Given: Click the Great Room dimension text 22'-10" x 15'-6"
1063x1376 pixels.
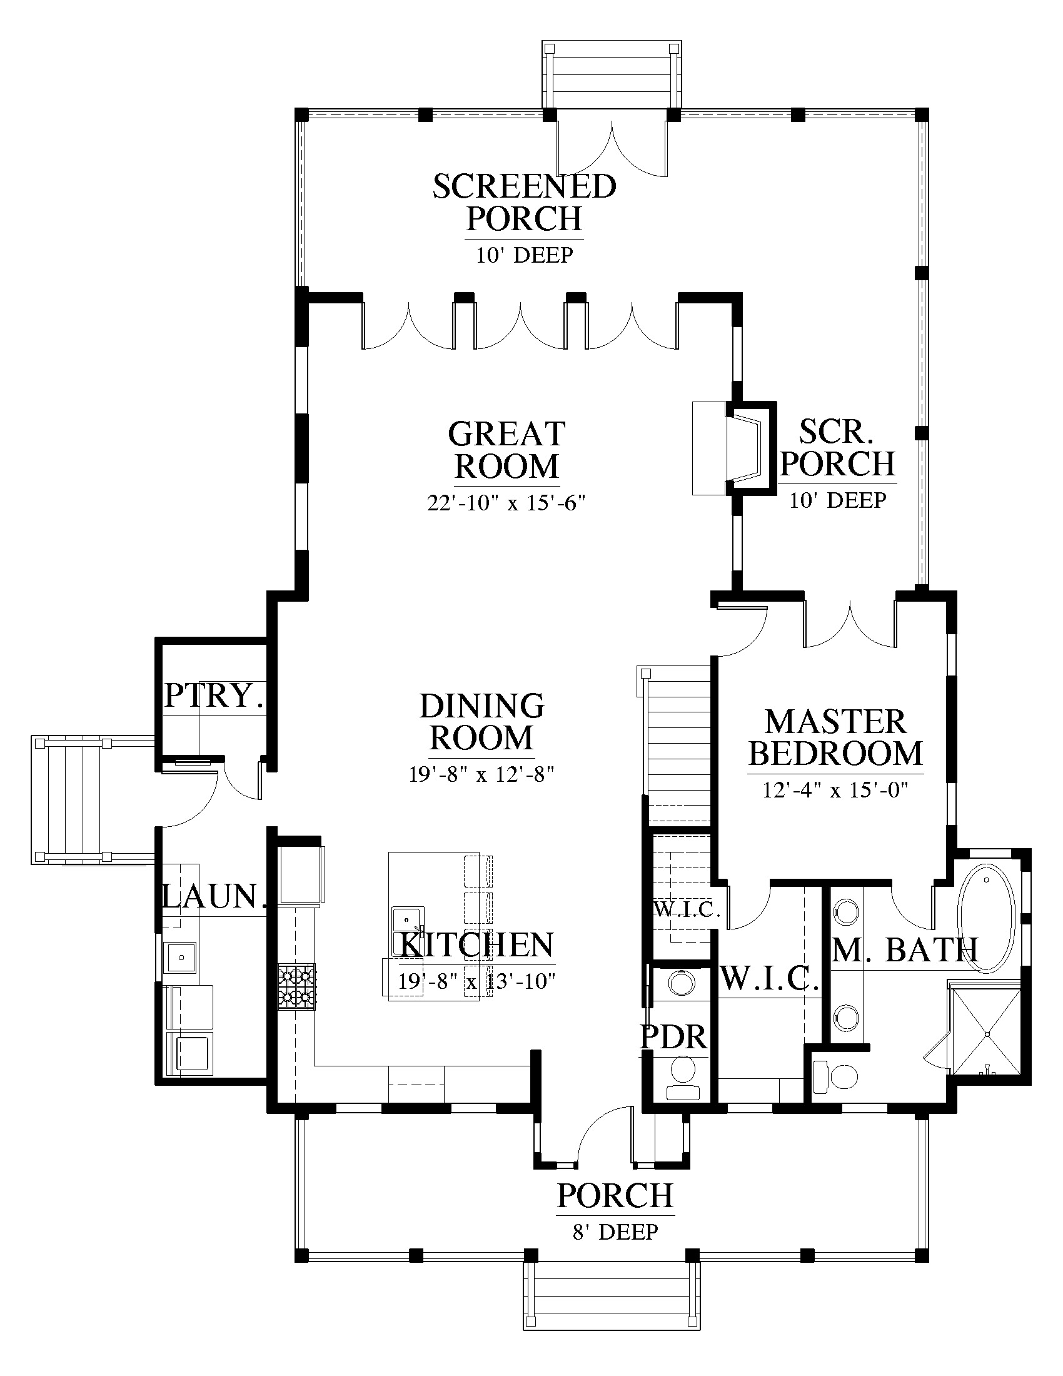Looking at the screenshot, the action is [506, 504].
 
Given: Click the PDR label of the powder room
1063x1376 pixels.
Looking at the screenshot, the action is [673, 1038].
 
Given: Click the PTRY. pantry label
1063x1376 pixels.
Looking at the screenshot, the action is [213, 696].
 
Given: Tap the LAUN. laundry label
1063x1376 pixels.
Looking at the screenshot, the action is [213, 896].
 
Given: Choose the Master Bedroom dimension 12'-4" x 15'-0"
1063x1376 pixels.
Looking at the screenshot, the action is [835, 790].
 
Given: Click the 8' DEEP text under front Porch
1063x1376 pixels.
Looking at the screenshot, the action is [615, 1231].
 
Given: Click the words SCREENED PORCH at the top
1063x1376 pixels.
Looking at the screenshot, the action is [525, 203].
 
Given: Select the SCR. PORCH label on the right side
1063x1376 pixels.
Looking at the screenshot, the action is [837, 448].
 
